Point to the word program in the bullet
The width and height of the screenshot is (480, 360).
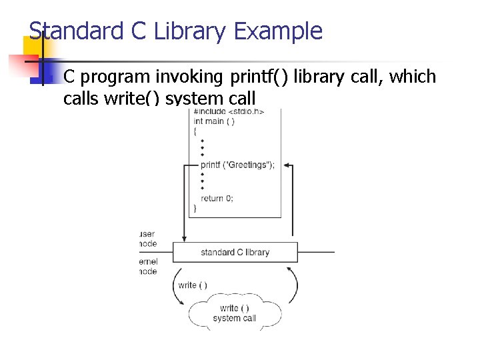(x=116, y=77)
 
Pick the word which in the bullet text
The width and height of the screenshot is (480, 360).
(x=413, y=77)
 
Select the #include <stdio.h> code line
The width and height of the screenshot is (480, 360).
(x=229, y=111)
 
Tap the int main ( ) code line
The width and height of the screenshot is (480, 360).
(x=214, y=121)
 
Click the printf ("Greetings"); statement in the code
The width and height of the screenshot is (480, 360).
(x=237, y=165)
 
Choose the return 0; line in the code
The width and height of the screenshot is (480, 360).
(x=217, y=198)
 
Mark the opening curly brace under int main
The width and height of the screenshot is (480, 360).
(x=195, y=132)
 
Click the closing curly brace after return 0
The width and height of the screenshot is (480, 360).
(x=195, y=209)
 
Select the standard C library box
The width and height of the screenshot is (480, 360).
(x=235, y=252)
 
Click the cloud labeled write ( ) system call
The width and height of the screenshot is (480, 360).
(x=234, y=313)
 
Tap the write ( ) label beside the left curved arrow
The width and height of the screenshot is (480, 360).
(x=193, y=285)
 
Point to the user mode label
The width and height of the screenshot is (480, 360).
(x=148, y=239)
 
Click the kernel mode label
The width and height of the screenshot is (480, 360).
(x=148, y=267)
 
